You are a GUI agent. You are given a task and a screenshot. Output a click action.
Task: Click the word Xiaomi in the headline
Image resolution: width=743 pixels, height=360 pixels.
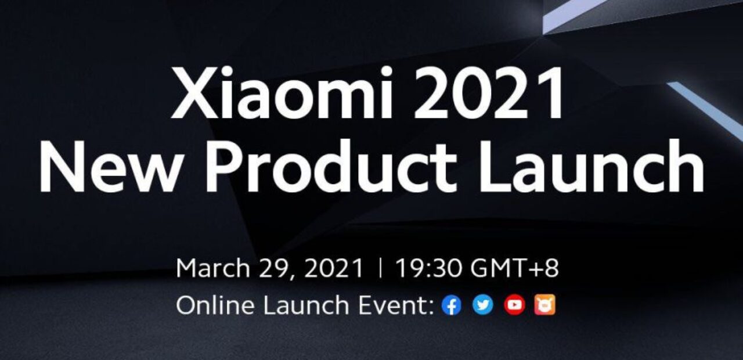[x=282, y=92]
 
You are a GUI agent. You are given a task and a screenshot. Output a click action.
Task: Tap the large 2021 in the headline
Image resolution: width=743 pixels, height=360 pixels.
[x=488, y=92]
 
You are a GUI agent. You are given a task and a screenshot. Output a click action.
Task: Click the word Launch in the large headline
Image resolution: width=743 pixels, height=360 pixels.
[x=590, y=165]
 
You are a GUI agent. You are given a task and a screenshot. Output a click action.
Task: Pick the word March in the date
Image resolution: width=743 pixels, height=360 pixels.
[x=213, y=268]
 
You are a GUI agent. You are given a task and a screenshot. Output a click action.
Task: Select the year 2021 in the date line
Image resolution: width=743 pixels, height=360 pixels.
[x=333, y=268]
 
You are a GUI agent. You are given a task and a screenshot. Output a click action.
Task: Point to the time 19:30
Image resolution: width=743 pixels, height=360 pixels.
[x=428, y=268]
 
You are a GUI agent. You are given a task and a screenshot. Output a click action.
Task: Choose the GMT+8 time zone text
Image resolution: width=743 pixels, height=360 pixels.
[x=515, y=268]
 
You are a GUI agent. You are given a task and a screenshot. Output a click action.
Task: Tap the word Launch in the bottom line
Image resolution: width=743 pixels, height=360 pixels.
[x=306, y=305]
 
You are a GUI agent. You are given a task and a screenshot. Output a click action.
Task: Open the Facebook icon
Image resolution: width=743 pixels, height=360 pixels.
[x=452, y=305]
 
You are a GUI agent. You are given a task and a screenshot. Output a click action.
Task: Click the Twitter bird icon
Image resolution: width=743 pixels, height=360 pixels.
[x=482, y=305]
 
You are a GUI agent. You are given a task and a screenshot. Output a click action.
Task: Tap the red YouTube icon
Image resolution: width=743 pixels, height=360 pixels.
[x=514, y=305]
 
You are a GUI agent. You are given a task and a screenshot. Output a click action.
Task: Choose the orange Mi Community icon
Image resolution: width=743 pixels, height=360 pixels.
[x=544, y=305]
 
